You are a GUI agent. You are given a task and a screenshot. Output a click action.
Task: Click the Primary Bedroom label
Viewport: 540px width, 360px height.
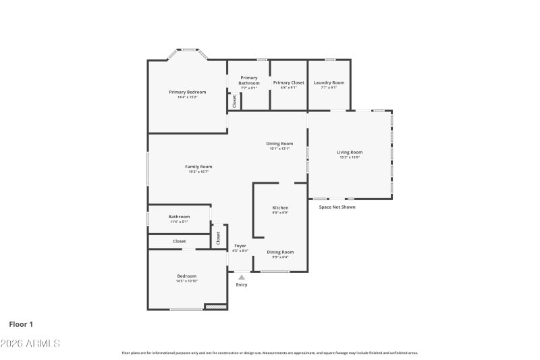[187, 92]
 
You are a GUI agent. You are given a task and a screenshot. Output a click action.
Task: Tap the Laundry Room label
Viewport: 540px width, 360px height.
[329, 82]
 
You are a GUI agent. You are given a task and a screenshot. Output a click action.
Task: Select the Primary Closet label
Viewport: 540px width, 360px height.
[288, 82]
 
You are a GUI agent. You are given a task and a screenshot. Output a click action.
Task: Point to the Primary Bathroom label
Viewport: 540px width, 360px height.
[248, 80]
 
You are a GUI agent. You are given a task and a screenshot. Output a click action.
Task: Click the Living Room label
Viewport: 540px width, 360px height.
[350, 152]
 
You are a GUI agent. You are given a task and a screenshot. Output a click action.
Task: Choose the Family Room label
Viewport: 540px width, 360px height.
[198, 167]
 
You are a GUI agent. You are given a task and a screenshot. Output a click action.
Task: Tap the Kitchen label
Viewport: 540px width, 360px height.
[280, 207]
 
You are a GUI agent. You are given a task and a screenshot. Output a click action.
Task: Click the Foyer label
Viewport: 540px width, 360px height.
[240, 245]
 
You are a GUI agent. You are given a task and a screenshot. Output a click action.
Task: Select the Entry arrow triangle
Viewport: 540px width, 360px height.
[241, 277]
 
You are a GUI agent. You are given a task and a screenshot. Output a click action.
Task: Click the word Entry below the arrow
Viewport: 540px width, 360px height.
[241, 285]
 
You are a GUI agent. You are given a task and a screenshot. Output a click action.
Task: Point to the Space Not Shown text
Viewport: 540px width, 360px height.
[337, 207]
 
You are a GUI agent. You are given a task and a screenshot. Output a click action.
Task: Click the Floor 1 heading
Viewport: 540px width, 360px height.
[21, 325]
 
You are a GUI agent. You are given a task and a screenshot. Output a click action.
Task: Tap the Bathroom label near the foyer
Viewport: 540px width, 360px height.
[179, 217]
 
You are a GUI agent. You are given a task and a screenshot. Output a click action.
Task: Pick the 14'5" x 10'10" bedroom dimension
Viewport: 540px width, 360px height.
[187, 281]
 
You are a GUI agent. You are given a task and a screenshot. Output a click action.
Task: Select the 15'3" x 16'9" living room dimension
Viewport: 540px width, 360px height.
[349, 157]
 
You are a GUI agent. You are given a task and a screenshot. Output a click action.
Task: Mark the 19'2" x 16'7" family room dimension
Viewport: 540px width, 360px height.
[198, 172]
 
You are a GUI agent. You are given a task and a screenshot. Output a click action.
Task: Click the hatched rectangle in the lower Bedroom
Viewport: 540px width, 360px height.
[215, 307]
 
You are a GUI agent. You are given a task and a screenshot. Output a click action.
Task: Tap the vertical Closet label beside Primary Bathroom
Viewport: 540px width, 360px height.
[234, 101]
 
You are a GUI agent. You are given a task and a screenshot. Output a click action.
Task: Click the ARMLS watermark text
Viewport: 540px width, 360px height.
[30, 344]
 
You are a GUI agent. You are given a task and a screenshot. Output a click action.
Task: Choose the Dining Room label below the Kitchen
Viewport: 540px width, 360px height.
[280, 252]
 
